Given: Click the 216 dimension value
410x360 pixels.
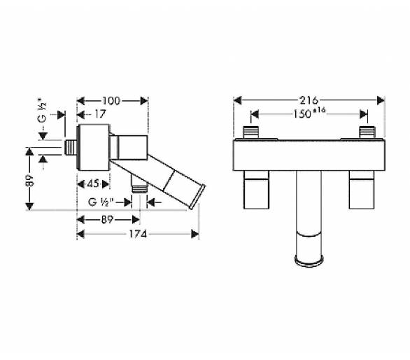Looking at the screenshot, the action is coord(309,100).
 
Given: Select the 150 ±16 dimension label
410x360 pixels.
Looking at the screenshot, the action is coord(309,113).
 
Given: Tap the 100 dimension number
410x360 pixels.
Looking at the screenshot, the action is coord(111,101).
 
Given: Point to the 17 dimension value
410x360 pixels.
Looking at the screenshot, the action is coord(100,114).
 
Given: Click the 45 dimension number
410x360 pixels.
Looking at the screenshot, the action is coord(93,184).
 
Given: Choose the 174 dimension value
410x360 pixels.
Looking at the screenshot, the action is coord(138,234).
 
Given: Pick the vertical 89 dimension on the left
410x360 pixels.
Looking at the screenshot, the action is coord(29,180).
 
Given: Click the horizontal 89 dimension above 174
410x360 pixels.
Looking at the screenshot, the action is coord(107,219).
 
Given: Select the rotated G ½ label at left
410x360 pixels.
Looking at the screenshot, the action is coord(43,111).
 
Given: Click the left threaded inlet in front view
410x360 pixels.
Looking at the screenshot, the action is coord(251,132).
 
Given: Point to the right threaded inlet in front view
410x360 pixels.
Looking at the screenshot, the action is coord(367,132).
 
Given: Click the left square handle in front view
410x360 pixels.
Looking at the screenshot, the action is coord(256,190).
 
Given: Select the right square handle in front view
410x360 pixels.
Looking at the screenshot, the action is coord(362,190).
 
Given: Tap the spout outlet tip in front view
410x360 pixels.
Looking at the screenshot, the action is coord(309,261).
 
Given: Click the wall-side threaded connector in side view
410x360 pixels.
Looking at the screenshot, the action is coord(71,148).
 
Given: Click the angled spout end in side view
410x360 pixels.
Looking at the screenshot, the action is coord(197,197).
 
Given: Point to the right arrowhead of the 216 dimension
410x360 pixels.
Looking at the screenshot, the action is coord(381,101).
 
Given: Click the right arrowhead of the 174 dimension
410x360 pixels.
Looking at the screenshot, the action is coord(195,234).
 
